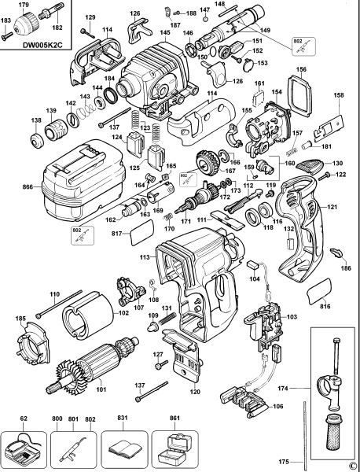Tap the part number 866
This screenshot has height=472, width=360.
coord(27,188)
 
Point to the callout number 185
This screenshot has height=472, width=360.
coord(20,318)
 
